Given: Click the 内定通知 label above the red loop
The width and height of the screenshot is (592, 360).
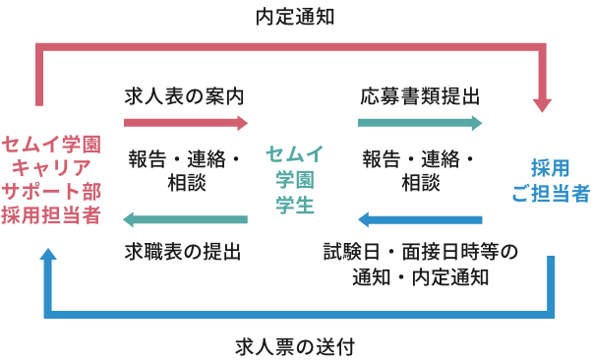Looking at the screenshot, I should (x=295, y=17).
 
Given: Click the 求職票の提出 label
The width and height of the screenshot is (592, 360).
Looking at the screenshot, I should (x=184, y=252).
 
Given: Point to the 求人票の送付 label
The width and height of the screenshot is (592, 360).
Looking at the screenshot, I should (x=295, y=346).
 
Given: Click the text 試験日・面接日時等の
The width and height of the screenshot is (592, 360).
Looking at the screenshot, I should (x=420, y=252).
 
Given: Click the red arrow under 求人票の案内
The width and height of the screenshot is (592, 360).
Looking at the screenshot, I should (x=186, y=123).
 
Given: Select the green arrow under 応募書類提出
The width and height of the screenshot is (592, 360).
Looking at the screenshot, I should (x=420, y=123).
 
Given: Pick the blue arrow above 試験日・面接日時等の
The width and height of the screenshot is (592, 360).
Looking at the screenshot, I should (x=420, y=219).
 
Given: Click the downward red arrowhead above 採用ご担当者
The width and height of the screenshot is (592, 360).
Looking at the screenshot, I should (x=543, y=101).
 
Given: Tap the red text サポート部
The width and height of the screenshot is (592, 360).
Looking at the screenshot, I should (x=51, y=191).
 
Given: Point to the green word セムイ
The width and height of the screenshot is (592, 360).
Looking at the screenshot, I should (x=295, y=154).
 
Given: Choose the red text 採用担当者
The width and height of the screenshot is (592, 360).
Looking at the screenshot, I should (x=51, y=214).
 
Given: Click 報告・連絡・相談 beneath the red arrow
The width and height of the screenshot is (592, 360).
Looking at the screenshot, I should (x=184, y=170).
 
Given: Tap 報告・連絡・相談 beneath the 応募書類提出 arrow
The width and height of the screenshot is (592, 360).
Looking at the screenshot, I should (x=420, y=170).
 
